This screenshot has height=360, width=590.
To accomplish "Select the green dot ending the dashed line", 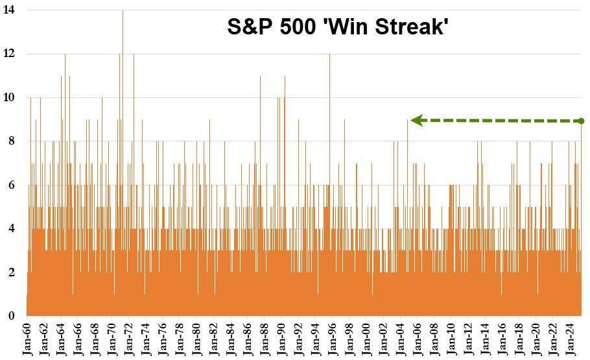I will tap(581, 121).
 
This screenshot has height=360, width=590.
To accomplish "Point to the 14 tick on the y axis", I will tap(10, 10).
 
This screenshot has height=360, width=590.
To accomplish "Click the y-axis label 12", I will tap(10, 54).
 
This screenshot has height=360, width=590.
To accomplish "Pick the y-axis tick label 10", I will tap(10, 98).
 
